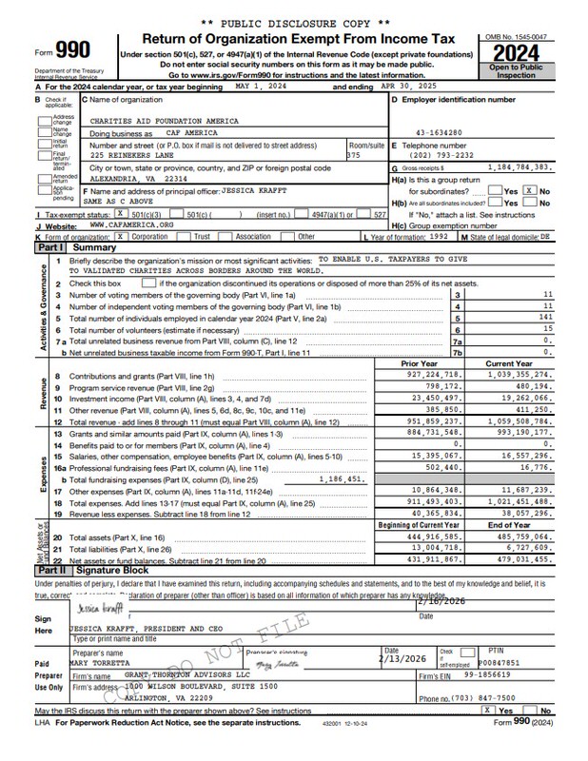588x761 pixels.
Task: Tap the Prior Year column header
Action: (420, 364)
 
